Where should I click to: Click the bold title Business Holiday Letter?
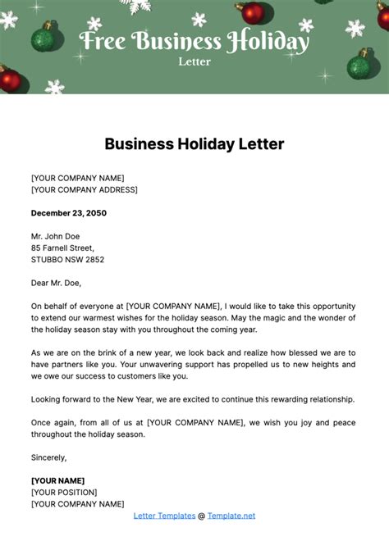pyautogui.click(x=194, y=144)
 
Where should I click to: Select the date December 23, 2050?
pyautogui.click(x=69, y=213)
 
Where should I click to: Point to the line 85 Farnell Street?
pyautogui.click(x=62, y=248)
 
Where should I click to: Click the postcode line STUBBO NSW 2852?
pyautogui.click(x=67, y=260)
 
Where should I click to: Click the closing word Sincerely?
pyautogui.click(x=49, y=457)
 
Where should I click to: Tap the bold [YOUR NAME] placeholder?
pyautogui.click(x=57, y=480)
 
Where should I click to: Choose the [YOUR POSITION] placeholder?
pyautogui.click(x=64, y=492)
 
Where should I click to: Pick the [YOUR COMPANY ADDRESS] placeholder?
pyautogui.click(x=84, y=189)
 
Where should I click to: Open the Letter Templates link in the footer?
pyautogui.click(x=164, y=516)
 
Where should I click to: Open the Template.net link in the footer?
pyautogui.click(x=231, y=516)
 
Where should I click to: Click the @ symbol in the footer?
pyautogui.click(x=202, y=516)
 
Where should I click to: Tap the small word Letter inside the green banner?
pyautogui.click(x=194, y=61)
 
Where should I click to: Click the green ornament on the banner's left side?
pyautogui.click(x=43, y=37)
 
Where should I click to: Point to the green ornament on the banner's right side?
pyautogui.click(x=359, y=65)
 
